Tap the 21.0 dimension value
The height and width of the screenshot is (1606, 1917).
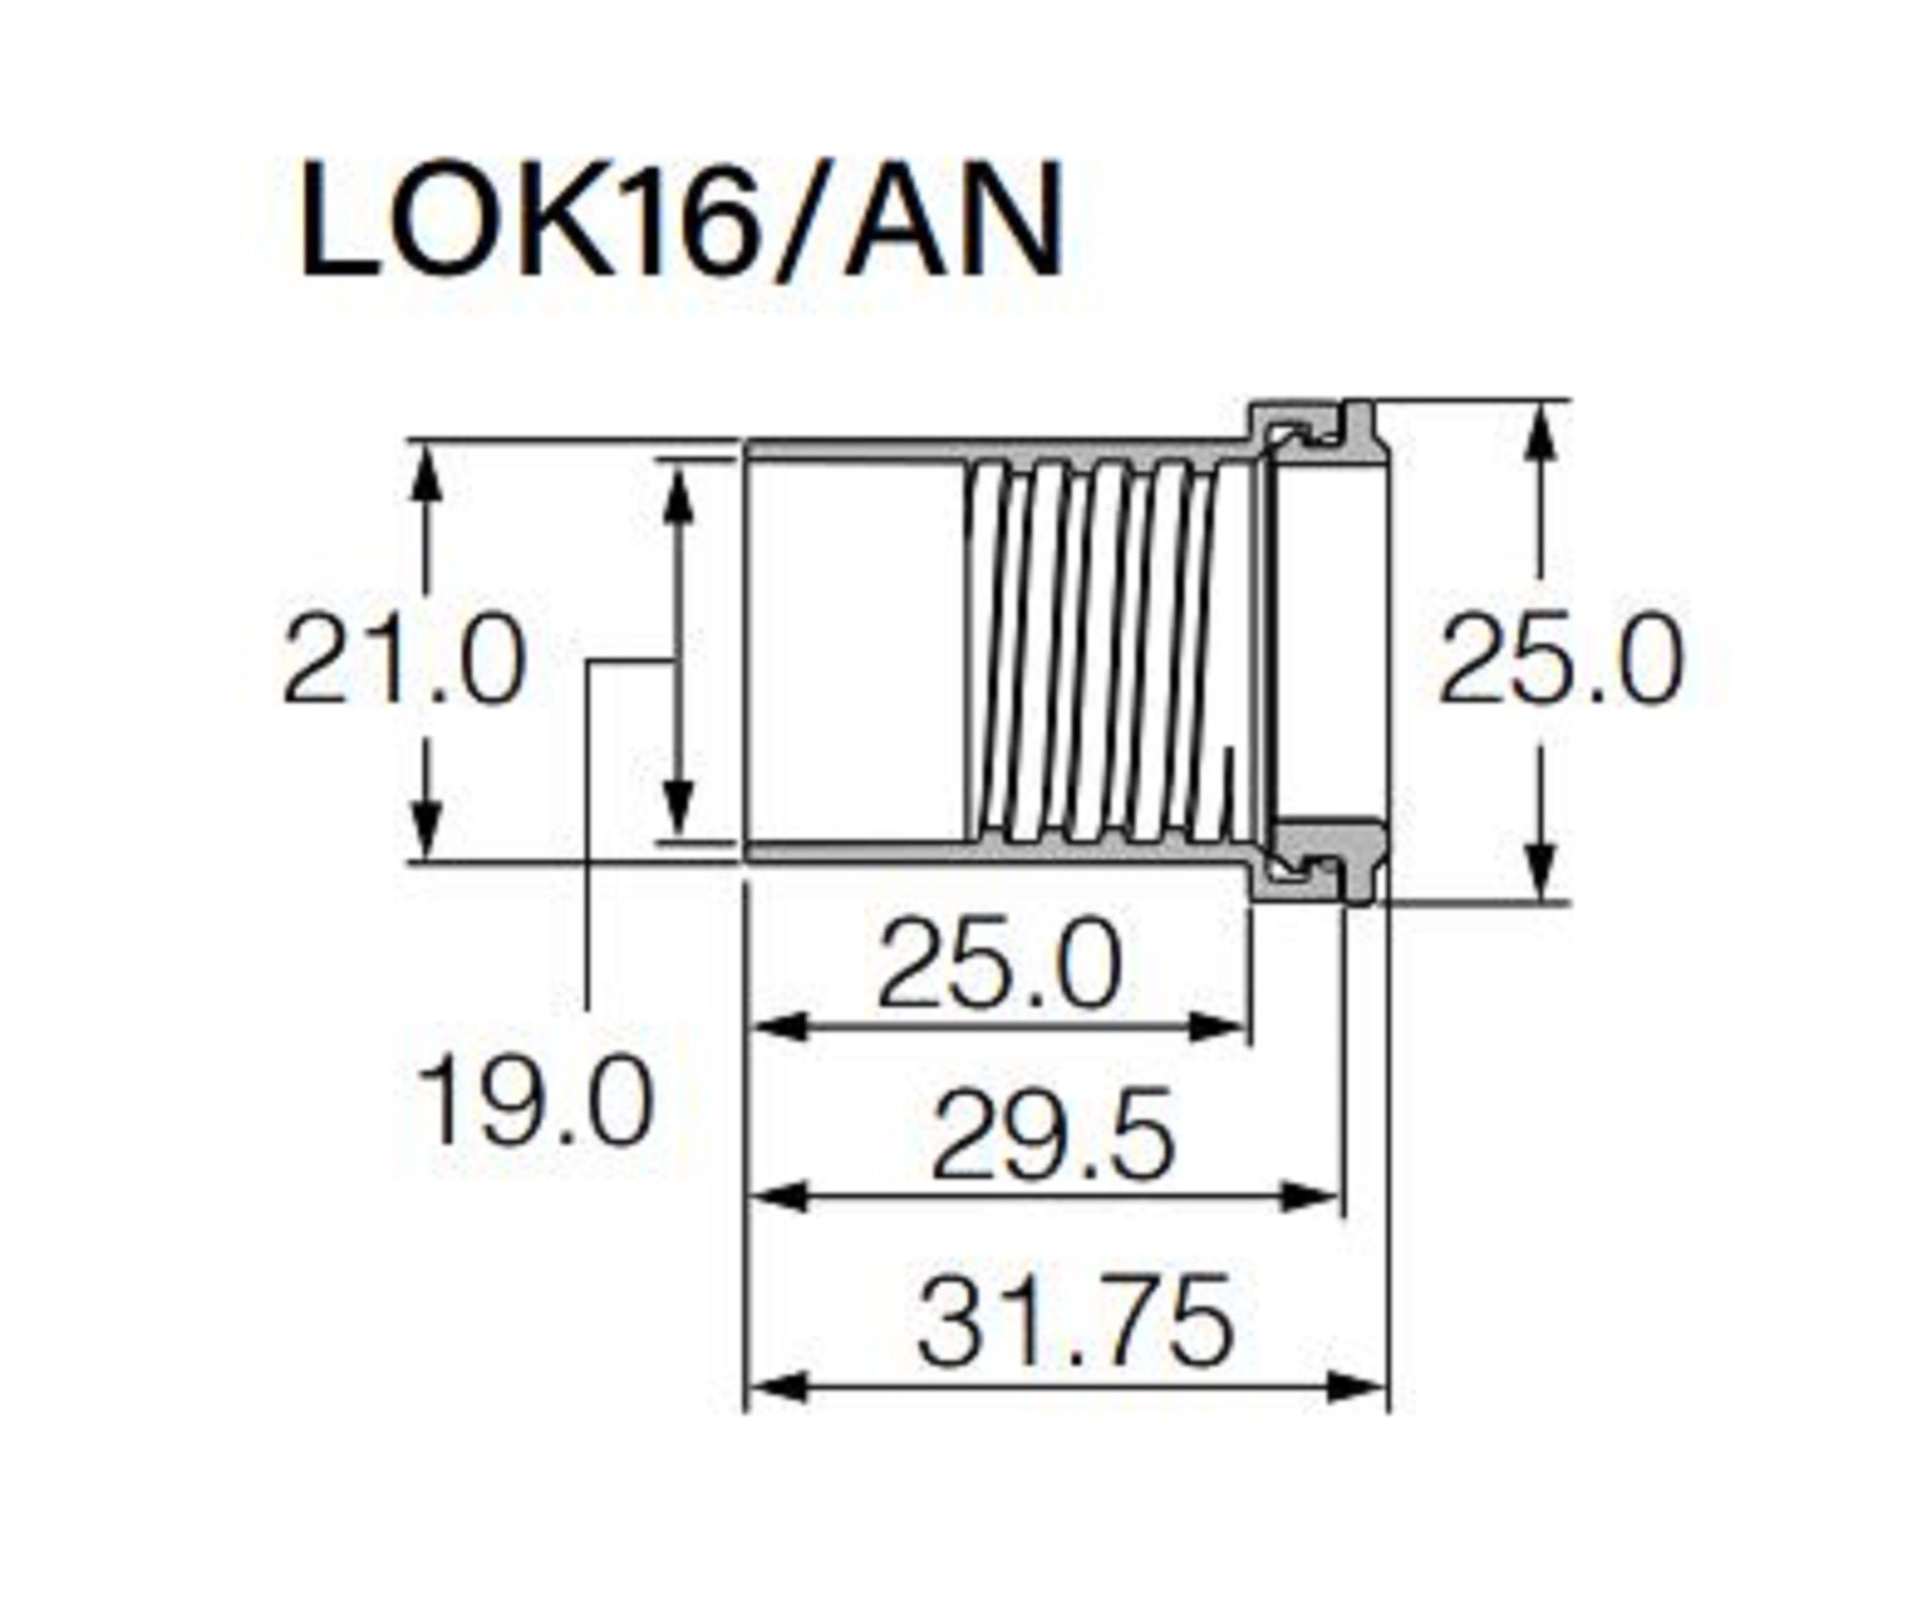coord(404,661)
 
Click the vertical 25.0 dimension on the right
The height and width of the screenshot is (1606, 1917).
coord(1561,661)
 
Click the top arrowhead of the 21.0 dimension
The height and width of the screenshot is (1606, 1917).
coord(427,470)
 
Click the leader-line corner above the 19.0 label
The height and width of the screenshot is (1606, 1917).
coord(589,661)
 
